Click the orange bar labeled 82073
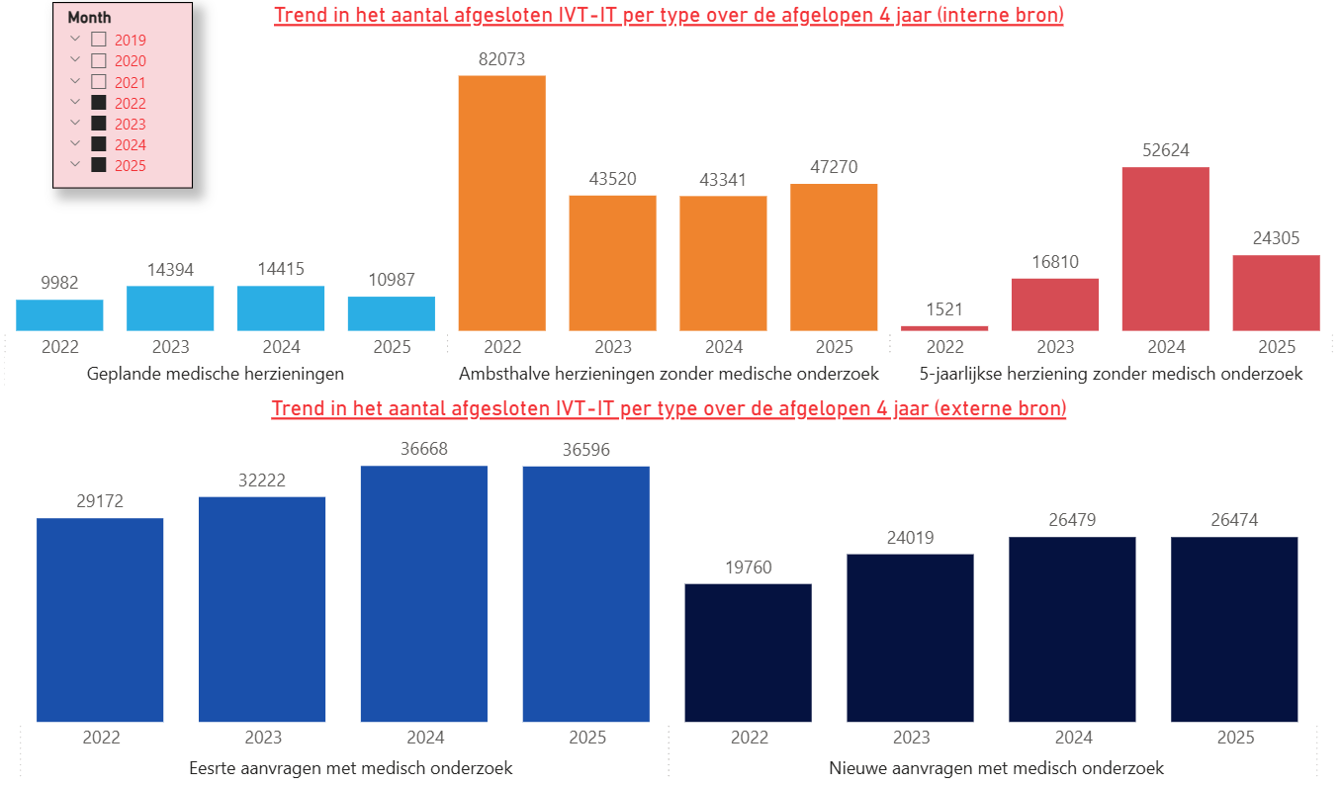501,203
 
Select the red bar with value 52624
1165,248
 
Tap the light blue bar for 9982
59,314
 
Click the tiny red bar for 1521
944,327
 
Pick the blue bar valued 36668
424,593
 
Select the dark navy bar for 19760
748,653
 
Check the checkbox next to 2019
99,40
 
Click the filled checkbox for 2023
99,124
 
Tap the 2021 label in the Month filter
130,82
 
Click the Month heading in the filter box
89,18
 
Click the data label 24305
1276,238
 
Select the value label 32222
262,480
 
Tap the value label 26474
1234,520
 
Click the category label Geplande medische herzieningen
216,374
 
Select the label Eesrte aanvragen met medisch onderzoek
350,768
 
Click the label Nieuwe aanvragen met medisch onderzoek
996,768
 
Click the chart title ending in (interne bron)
669,16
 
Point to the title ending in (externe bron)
669,408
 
